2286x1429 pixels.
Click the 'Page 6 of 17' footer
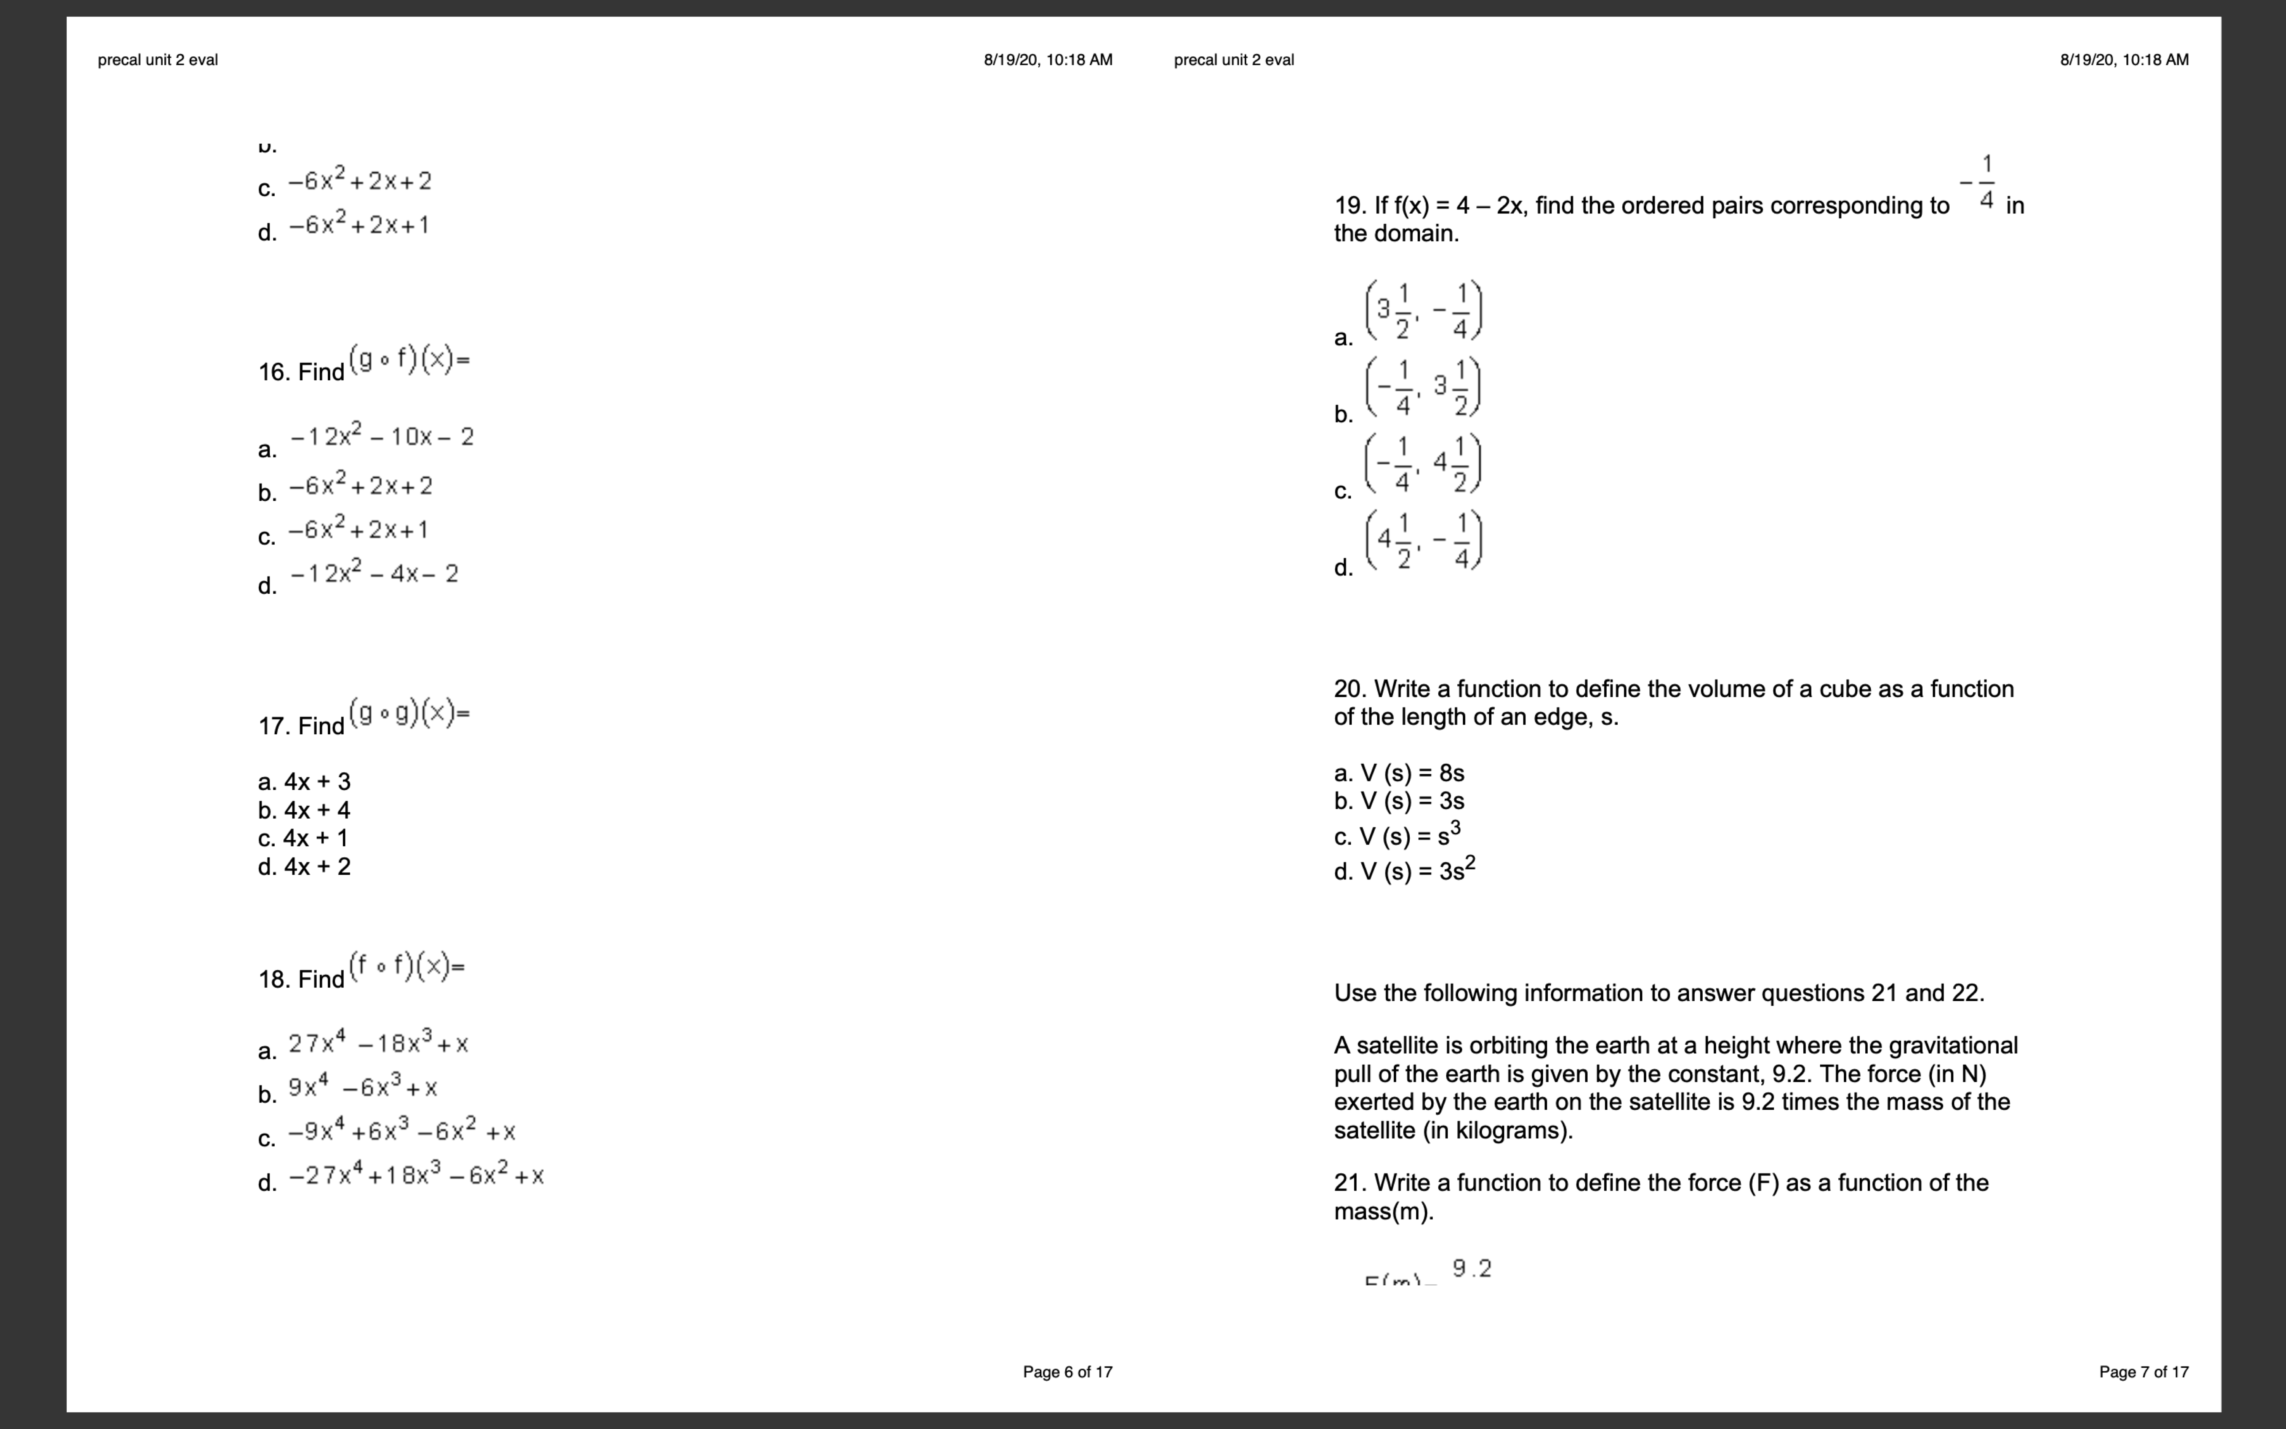pyautogui.click(x=1068, y=1371)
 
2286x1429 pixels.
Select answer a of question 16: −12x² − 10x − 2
pyautogui.click(x=382, y=437)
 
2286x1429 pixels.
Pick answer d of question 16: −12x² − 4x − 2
pyautogui.click(x=374, y=574)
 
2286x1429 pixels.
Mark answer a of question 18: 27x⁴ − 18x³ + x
pyautogui.click(x=378, y=1043)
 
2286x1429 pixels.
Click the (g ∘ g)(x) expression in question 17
pyautogui.click(x=409, y=713)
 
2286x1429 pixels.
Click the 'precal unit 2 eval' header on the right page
pyautogui.click(x=1234, y=59)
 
